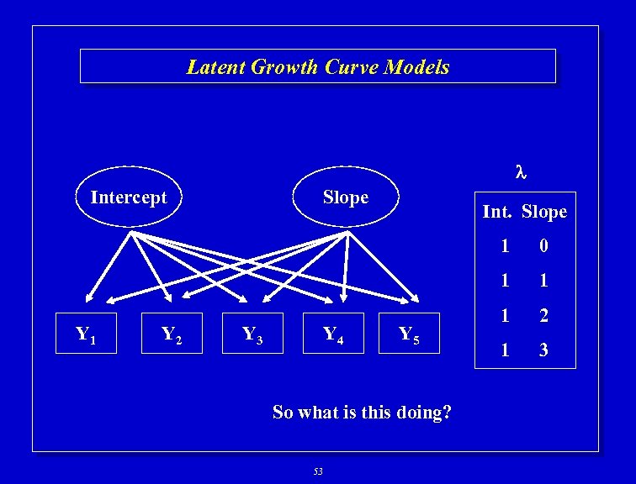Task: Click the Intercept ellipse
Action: (129, 197)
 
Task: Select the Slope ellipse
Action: (346, 197)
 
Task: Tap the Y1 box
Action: (85, 334)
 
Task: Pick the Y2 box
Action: (172, 334)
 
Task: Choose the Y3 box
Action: (253, 334)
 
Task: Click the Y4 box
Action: (334, 334)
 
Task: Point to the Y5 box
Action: (409, 334)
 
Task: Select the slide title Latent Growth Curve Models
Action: (318, 66)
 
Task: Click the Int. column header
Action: (497, 212)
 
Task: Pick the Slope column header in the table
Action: (544, 212)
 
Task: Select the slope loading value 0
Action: (543, 246)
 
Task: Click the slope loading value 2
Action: (543, 316)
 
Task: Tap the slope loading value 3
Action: (543, 350)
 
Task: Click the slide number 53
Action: (318, 471)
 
